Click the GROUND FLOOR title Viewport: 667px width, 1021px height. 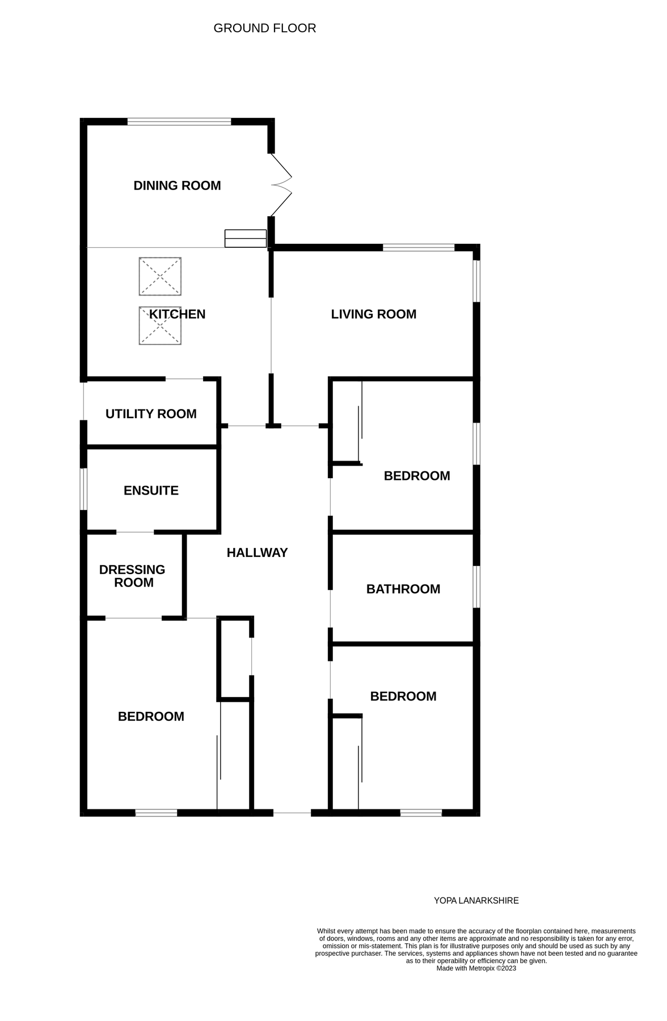(x=264, y=28)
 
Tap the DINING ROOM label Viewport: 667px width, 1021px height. (x=177, y=185)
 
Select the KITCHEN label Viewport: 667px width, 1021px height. (x=177, y=314)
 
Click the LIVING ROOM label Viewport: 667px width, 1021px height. (x=373, y=314)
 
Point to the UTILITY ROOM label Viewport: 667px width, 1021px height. (x=151, y=414)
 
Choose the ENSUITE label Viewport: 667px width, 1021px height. (x=151, y=491)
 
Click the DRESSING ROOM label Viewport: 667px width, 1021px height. (x=132, y=576)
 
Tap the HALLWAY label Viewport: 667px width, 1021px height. (x=257, y=552)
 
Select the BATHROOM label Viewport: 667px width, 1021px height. (x=403, y=589)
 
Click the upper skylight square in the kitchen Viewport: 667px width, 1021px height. (x=160, y=276)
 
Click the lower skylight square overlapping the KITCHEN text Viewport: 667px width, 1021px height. (x=160, y=326)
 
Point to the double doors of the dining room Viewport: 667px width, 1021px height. (x=281, y=185)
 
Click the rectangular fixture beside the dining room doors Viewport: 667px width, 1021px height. (x=246, y=238)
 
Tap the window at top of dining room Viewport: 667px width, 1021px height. (x=179, y=121)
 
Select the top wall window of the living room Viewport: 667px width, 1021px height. (x=419, y=247)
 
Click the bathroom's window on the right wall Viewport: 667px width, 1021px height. (x=477, y=587)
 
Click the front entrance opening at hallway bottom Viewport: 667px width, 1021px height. (x=292, y=813)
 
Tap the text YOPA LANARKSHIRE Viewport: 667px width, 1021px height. (x=476, y=901)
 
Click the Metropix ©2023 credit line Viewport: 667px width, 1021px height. (x=476, y=968)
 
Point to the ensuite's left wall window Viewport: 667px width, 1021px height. (x=83, y=489)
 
